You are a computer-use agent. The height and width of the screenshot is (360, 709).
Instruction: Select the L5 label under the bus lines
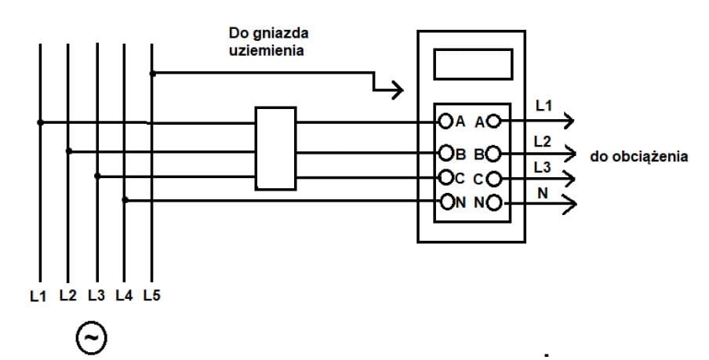(x=151, y=296)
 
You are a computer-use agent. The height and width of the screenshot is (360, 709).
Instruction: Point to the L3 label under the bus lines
(x=96, y=296)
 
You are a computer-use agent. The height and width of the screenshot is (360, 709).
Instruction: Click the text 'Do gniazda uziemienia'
(x=267, y=42)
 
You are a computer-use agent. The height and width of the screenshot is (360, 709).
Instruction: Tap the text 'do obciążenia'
(x=640, y=156)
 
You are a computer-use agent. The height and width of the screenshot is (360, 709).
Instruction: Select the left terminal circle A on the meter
(x=445, y=122)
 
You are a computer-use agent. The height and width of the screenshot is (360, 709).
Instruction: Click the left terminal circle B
(x=445, y=152)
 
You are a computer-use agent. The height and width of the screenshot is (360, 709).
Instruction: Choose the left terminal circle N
(x=445, y=202)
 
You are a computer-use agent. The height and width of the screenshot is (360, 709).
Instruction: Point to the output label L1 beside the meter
(x=543, y=105)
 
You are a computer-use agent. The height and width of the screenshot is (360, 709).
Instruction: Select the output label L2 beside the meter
(x=543, y=141)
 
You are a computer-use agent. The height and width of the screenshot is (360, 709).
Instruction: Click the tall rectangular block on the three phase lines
(x=275, y=148)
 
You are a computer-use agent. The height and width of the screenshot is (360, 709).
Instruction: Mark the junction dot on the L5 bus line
(x=153, y=74)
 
